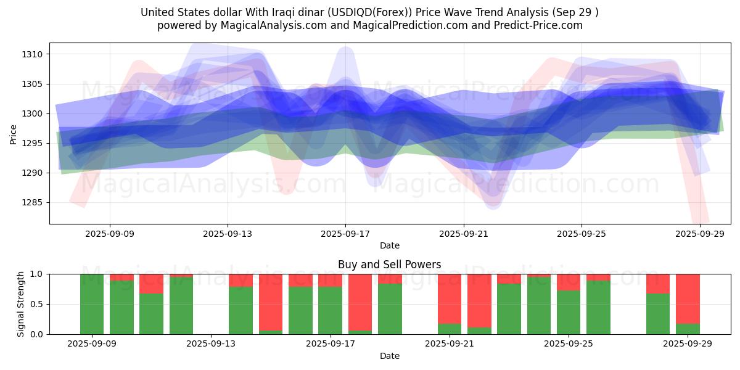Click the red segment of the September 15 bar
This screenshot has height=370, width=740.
(x=271, y=302)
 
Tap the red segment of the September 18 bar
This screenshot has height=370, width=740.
(x=360, y=302)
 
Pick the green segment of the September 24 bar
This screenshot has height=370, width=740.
(x=539, y=305)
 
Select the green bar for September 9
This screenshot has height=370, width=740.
(x=92, y=304)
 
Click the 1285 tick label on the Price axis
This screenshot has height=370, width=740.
(x=33, y=202)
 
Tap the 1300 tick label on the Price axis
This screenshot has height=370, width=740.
(x=33, y=113)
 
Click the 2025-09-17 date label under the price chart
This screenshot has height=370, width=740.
(x=345, y=234)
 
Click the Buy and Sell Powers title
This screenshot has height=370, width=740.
(x=389, y=265)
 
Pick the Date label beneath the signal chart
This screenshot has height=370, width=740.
(x=389, y=356)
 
